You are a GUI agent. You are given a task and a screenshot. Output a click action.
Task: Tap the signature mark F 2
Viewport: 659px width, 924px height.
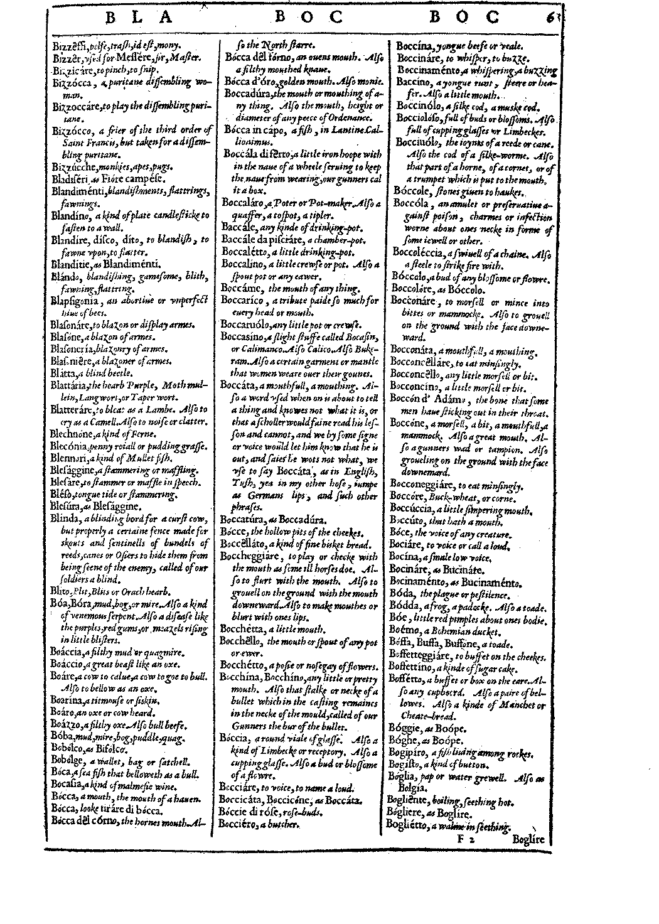(x=466, y=838)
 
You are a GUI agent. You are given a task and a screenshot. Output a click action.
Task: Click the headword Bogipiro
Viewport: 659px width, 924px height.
(x=407, y=753)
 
